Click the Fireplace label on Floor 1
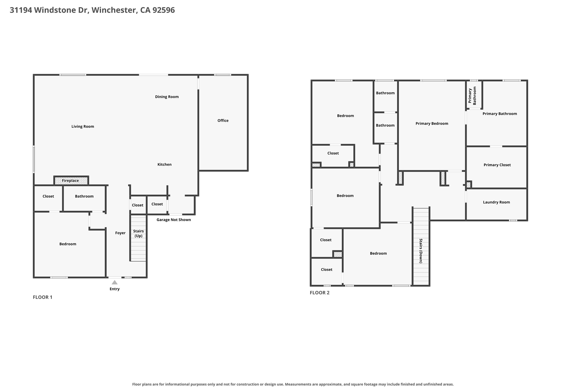pos(70,181)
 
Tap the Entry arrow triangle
pos(114,282)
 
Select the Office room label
pos(223,121)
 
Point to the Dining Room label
pos(167,97)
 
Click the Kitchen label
pos(165,165)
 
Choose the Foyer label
pos(120,233)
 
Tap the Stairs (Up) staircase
pos(138,238)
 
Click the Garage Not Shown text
pos(174,220)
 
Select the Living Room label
pos(83,127)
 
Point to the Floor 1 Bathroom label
pos(84,196)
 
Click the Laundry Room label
pos(496,202)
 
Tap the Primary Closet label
pos(497,165)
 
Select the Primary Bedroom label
pos(432,123)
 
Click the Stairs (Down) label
pos(421,251)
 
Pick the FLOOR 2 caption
pos(320,293)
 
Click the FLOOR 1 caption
pos(43,297)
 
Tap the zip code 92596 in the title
pos(163,10)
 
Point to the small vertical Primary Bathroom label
pos(472,95)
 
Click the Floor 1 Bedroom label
pos(68,244)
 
